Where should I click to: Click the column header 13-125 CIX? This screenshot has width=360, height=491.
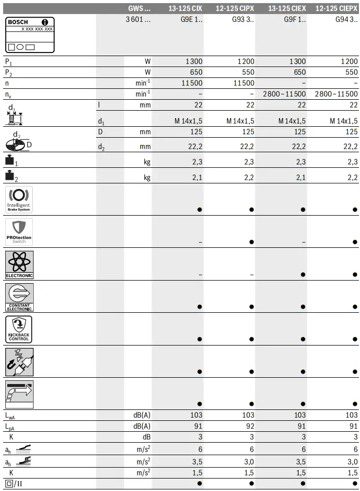click(x=185, y=8)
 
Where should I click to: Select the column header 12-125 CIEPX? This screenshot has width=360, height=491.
click(x=337, y=8)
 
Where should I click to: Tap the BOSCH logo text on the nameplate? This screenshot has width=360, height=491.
click(x=19, y=22)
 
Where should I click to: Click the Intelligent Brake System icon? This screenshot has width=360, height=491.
click(x=19, y=200)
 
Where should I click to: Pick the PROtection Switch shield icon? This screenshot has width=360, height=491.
click(x=19, y=232)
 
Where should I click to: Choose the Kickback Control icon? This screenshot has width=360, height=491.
click(x=19, y=329)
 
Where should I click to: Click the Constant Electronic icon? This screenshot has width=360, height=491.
click(x=19, y=297)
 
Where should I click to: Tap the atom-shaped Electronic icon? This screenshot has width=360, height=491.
click(x=19, y=264)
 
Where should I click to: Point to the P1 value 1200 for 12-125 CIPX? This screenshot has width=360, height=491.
click(x=246, y=61)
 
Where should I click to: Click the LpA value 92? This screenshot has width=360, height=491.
click(x=248, y=426)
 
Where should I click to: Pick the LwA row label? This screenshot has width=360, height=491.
click(x=11, y=415)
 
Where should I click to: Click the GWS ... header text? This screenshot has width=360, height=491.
click(x=139, y=8)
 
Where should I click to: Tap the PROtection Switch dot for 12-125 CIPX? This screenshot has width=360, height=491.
click(x=251, y=242)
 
